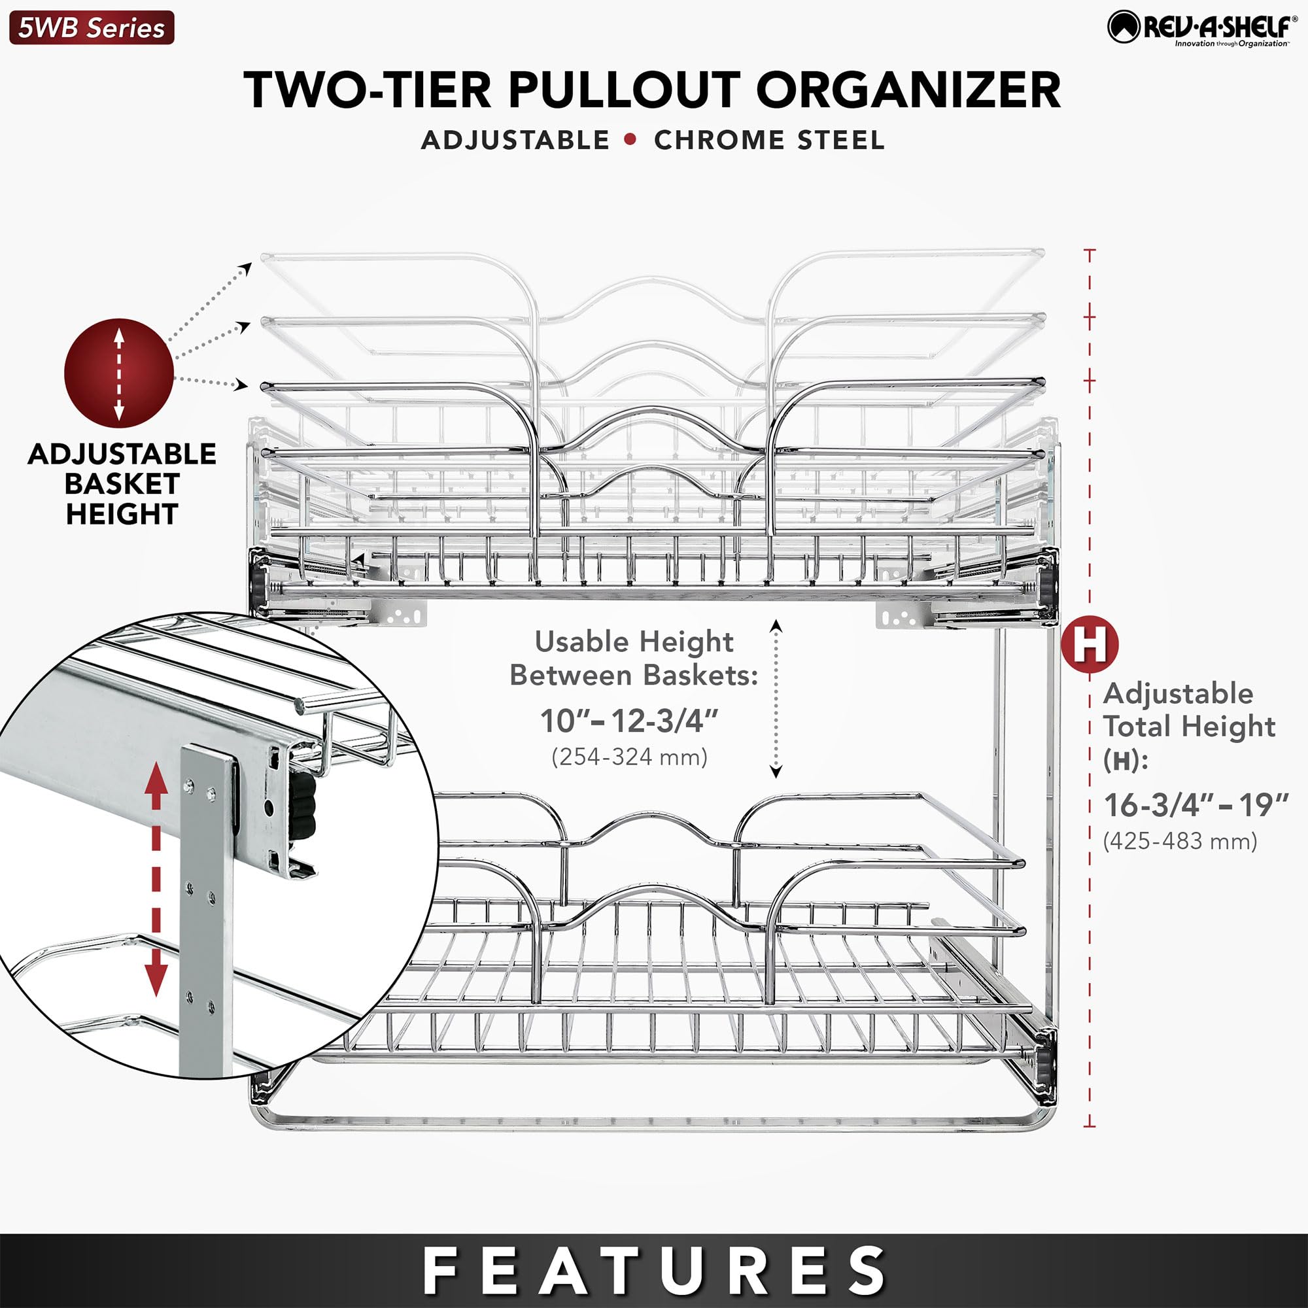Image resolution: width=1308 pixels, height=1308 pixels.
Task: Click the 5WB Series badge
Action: (92, 27)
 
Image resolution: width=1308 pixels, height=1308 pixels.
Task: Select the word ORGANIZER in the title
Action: (908, 90)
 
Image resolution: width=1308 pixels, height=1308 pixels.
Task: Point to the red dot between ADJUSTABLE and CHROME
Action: (631, 139)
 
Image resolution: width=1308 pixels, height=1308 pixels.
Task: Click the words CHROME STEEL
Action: (769, 140)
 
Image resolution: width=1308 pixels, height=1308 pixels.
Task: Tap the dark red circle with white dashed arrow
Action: (119, 373)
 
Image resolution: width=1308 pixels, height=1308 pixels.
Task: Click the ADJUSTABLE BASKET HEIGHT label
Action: (122, 483)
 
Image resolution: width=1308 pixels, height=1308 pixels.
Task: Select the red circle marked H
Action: (1090, 644)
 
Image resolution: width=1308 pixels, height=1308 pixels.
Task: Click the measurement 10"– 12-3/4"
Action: (629, 721)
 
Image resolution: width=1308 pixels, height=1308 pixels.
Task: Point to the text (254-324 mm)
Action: (630, 756)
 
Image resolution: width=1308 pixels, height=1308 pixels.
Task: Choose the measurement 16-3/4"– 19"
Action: (1196, 805)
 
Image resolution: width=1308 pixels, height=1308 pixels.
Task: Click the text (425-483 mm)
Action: (1180, 841)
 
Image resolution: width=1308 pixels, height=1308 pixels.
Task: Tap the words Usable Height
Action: (634, 641)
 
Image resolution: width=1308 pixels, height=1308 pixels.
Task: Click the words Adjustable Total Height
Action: (1189, 710)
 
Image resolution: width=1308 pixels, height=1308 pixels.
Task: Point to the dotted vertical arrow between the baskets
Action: (776, 698)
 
